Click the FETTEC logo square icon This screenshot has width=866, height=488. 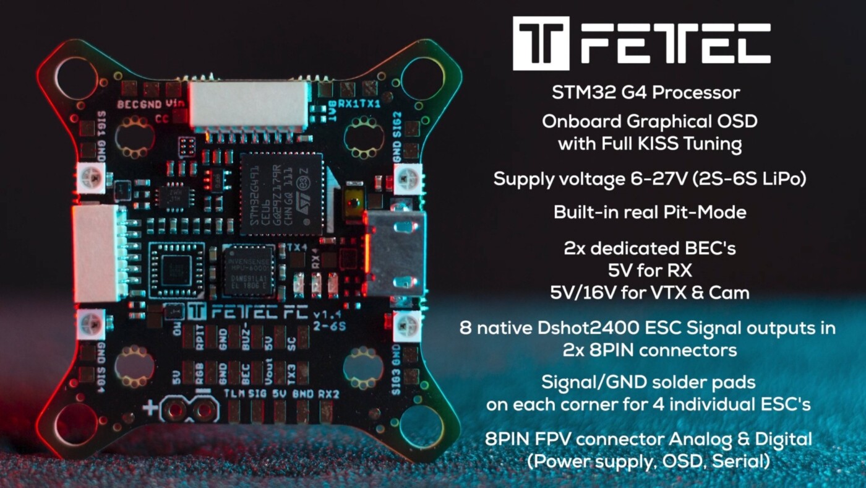[x=541, y=43]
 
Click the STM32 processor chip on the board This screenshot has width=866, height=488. [x=281, y=194]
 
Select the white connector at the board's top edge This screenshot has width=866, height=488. [x=249, y=105]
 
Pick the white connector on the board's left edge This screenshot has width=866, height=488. [x=98, y=253]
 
